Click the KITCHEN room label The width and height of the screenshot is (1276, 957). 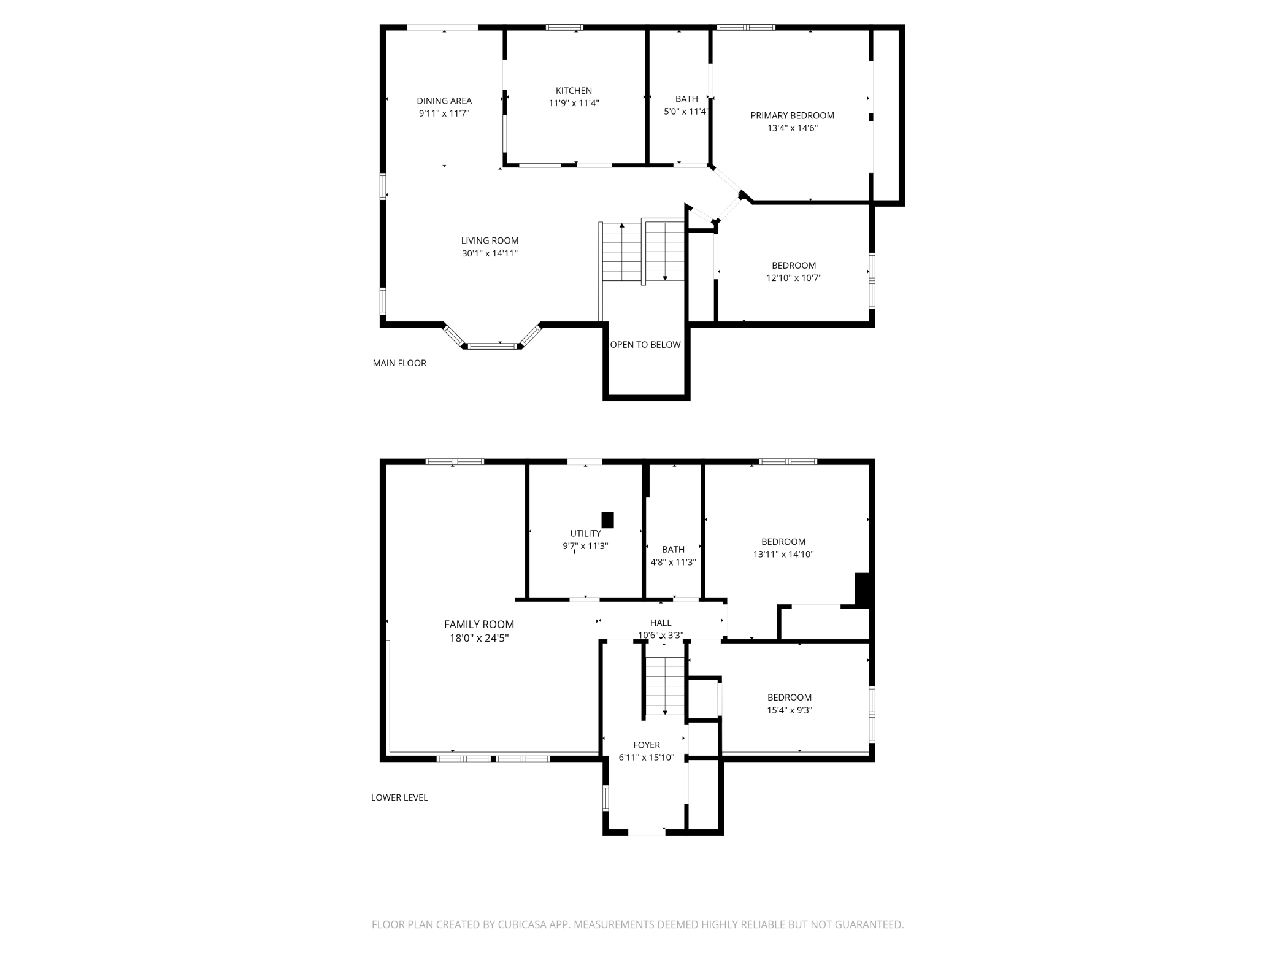pos(574,91)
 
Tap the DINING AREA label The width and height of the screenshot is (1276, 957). pos(444,101)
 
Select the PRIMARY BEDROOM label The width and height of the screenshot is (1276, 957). pos(793,115)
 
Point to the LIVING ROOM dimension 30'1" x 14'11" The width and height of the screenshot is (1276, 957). pos(490,253)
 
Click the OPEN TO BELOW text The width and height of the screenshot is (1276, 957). pos(645,345)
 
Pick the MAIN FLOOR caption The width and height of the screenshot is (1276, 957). pos(399,363)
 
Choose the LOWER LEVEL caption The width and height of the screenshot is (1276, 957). pos(399,797)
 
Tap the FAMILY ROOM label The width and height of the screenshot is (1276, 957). pos(479,625)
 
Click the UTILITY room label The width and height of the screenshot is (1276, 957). pos(585,534)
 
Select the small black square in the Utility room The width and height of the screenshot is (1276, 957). pos(607,520)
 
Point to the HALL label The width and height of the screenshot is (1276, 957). pos(661,623)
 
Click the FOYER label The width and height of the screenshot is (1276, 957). pos(647,745)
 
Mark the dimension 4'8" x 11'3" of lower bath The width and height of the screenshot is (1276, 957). pos(673,562)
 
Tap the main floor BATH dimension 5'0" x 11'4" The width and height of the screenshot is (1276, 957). pos(686,112)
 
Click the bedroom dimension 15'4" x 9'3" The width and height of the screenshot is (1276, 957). pos(790,710)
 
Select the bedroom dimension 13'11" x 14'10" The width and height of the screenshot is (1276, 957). pos(783,555)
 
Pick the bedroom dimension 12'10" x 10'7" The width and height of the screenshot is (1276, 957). pos(794,278)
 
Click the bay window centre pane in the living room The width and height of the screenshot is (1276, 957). pos(493,346)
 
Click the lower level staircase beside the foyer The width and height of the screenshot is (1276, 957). pos(664,686)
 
